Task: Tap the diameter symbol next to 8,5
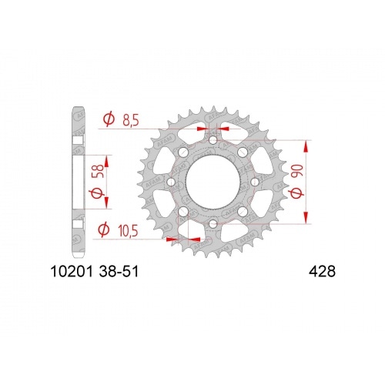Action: (109, 119)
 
